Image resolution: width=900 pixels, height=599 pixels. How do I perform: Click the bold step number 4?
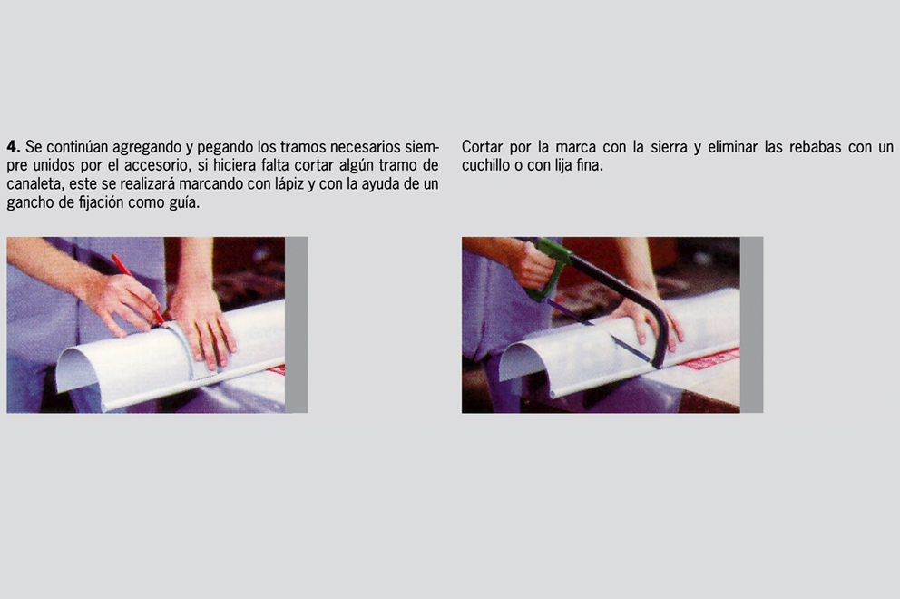[14, 146]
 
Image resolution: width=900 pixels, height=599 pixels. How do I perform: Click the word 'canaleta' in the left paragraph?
[34, 183]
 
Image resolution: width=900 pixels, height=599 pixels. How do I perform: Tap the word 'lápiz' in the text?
[283, 184]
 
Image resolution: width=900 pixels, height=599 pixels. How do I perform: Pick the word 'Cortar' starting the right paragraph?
[482, 147]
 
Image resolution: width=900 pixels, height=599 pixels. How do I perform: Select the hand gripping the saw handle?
[533, 265]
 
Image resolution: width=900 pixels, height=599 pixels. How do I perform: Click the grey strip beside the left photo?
[297, 325]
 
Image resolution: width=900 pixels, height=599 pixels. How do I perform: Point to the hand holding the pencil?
[120, 302]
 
